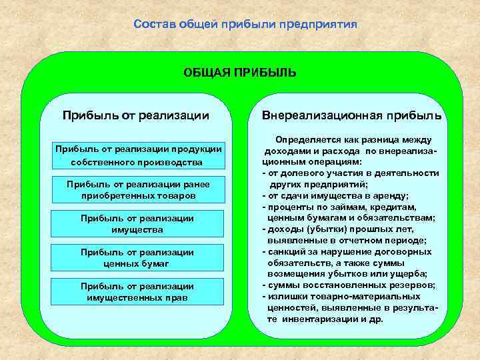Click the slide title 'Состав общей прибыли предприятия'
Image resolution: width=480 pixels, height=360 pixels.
tap(245, 24)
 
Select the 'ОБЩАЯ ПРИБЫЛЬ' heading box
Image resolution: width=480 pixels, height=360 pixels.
tap(240, 72)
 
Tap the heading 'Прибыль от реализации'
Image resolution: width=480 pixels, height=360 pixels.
tap(136, 115)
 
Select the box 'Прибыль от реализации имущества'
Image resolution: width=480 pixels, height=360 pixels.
tap(136, 224)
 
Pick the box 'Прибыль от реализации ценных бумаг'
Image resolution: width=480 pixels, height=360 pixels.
tap(136, 258)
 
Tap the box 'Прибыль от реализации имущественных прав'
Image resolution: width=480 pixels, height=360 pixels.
tap(136, 291)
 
